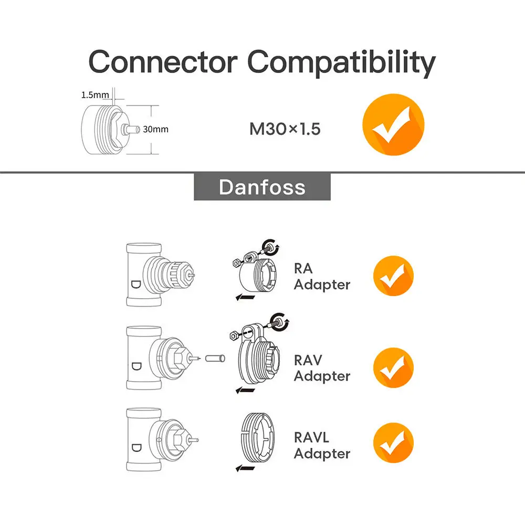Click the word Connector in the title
[x=163, y=62]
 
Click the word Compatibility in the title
[x=341, y=63]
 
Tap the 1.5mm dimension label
[x=95, y=95]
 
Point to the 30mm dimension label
[x=156, y=129]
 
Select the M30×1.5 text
[x=285, y=129]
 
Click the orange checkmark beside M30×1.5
[x=393, y=124]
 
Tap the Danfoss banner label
[x=262, y=187]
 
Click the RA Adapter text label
[x=321, y=277]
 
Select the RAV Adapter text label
[x=321, y=368]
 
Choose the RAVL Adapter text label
[x=321, y=446]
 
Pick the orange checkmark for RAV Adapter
[x=393, y=367]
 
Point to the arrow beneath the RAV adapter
[x=245, y=390]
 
